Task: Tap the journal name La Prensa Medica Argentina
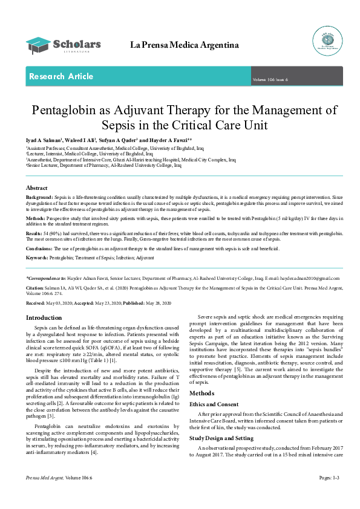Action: click(185, 45)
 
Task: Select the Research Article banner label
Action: click(61, 77)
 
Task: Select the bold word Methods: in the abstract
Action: click(36, 217)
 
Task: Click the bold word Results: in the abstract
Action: click(34, 232)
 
